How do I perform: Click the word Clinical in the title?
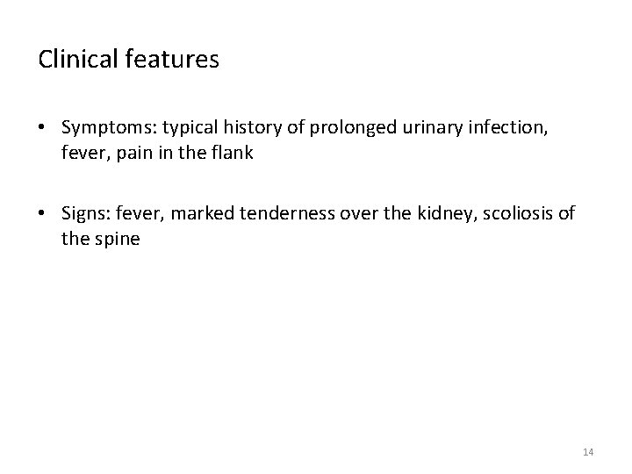[x=69, y=60]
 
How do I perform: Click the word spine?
[x=117, y=239]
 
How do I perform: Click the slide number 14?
[x=588, y=452]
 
